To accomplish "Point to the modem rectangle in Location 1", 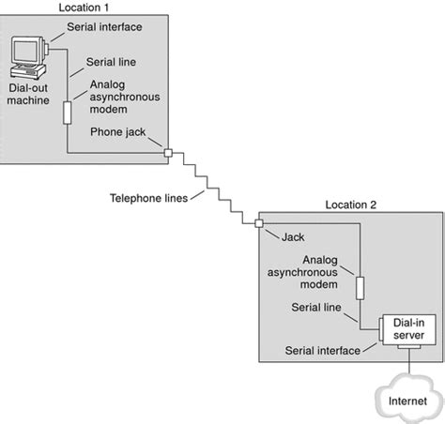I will [67, 113].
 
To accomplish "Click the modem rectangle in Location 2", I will [358, 284].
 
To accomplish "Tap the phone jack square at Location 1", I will [168, 152].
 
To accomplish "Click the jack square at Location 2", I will [258, 222].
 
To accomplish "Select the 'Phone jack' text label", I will [116, 131].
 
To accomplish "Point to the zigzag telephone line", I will [214, 188].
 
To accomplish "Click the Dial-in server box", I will [407, 329].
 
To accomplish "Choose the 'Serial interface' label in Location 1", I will [104, 26].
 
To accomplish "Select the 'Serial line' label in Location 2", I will [316, 307].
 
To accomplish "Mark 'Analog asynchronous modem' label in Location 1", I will [121, 97].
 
